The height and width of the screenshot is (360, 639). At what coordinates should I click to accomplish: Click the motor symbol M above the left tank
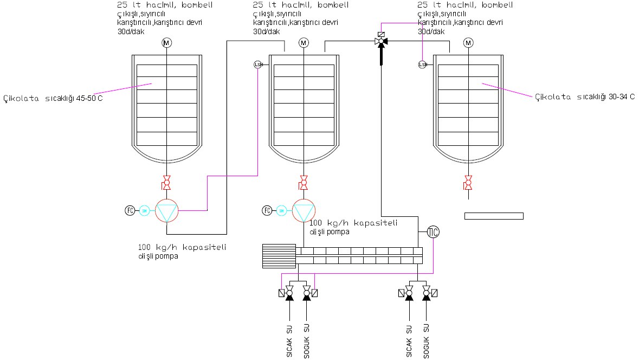point(166,43)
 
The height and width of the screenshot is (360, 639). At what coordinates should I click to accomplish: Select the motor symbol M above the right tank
point(468,43)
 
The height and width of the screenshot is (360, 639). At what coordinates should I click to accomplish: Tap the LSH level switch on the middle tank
point(258,65)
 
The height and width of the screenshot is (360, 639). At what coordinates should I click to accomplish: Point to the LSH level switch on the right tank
point(423,65)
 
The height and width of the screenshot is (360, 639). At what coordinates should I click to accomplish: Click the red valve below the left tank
point(166,183)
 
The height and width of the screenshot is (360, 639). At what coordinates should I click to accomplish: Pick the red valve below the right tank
point(468,183)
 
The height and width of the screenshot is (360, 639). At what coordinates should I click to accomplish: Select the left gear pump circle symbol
point(166,210)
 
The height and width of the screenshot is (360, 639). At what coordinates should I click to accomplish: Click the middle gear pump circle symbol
point(304,210)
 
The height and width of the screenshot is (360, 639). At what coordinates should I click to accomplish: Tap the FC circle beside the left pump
point(130,210)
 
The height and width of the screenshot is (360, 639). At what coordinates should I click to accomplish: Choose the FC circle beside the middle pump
point(267,210)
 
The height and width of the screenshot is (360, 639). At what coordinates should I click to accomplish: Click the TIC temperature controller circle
point(433,232)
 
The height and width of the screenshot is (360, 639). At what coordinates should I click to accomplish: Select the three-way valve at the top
point(381,41)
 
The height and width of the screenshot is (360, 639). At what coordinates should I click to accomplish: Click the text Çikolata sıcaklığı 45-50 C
point(53,98)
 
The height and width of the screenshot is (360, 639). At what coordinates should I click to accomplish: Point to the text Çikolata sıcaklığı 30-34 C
point(584,97)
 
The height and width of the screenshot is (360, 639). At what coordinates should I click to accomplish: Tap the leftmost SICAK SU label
point(289,340)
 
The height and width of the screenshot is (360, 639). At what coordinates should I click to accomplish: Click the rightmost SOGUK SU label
point(427,340)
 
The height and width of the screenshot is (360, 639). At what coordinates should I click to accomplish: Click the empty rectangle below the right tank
point(494,216)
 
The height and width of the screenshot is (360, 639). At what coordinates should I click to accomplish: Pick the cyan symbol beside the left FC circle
point(144,210)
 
